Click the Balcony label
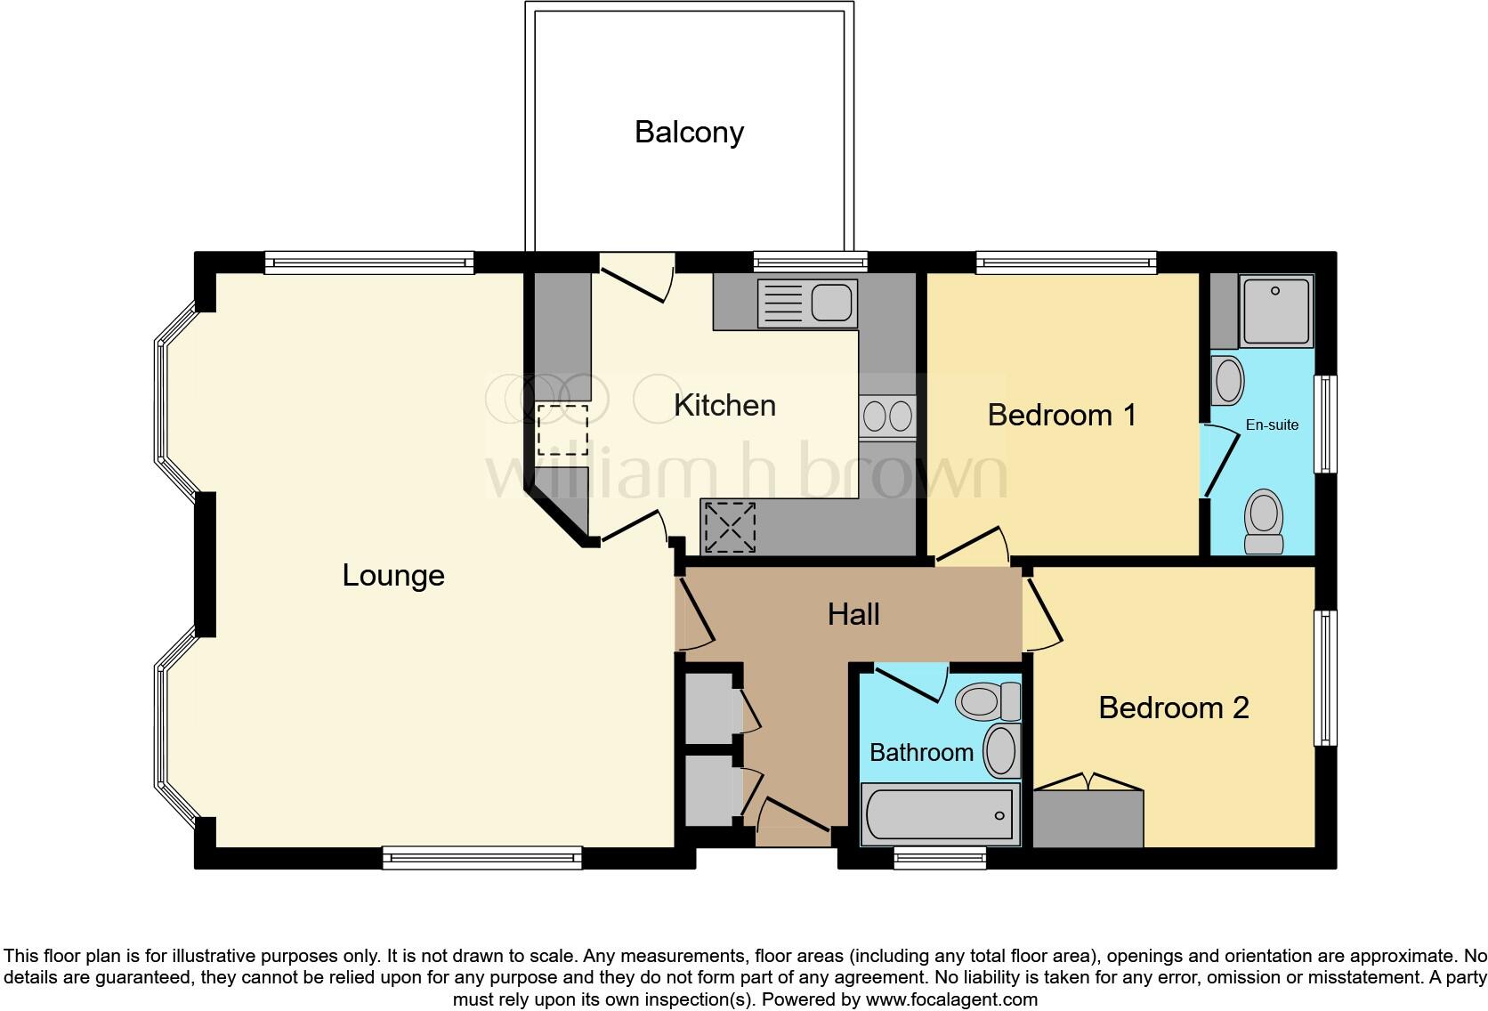689,132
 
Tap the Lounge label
393,576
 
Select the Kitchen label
724,406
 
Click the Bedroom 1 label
1062,415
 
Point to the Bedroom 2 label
1173,708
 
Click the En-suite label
1272,425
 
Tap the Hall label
853,614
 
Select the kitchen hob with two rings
887,416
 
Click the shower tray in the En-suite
1276,311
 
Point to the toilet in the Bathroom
986,701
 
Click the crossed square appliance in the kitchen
729,527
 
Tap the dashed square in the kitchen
562,429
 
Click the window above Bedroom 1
1066,261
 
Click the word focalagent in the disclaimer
975,999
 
